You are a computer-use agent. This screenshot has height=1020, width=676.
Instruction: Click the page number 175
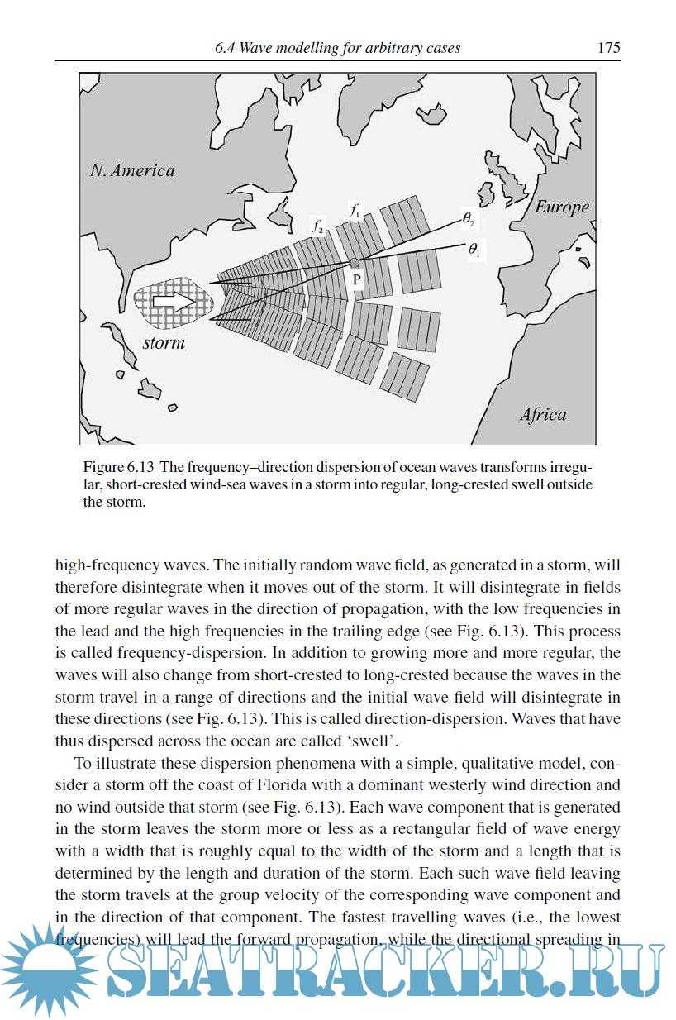point(608,48)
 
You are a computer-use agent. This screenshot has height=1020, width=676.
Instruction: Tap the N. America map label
point(132,170)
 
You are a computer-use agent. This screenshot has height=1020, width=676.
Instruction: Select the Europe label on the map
point(561,207)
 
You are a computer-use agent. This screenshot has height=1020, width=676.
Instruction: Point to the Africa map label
point(543,415)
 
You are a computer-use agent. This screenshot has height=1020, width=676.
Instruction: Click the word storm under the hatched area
point(163,342)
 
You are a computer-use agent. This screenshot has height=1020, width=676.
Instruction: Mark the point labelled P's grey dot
point(355,263)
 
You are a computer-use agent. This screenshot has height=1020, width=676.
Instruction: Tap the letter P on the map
point(356,280)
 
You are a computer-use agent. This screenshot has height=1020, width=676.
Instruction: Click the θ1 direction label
point(473,250)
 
